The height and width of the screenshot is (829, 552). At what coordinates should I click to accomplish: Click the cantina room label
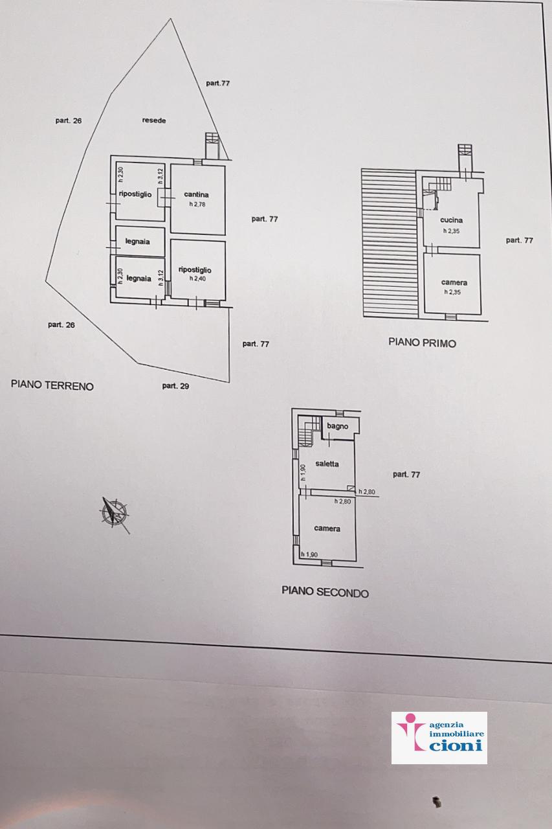[196, 194]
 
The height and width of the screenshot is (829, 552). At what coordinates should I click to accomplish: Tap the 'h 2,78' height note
[197, 204]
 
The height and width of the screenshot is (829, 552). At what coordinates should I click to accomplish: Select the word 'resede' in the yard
[154, 120]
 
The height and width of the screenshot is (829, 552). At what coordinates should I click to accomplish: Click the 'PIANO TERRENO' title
[52, 385]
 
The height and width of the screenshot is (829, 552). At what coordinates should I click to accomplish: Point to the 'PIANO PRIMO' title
[422, 343]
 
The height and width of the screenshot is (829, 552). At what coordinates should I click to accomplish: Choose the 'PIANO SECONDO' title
[326, 591]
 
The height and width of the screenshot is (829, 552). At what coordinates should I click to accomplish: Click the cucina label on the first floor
[452, 220]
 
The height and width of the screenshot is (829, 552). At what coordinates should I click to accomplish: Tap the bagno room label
[338, 426]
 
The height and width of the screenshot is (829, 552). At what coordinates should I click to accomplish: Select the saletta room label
[327, 464]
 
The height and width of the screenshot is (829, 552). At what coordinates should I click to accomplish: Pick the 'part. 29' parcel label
[175, 386]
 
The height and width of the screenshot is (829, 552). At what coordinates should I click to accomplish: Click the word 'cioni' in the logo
[456, 744]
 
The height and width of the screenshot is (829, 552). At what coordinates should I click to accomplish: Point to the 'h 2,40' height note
[198, 278]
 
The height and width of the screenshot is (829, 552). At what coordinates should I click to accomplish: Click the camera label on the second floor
[327, 528]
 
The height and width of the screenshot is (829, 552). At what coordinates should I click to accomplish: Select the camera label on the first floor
[454, 282]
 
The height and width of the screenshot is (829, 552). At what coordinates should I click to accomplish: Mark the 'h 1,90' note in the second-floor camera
[309, 554]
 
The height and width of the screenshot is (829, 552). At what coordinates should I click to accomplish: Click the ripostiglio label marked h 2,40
[195, 270]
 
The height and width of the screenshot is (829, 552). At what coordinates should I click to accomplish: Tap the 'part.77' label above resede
[218, 84]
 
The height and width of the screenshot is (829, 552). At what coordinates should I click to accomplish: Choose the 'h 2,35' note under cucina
[452, 231]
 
